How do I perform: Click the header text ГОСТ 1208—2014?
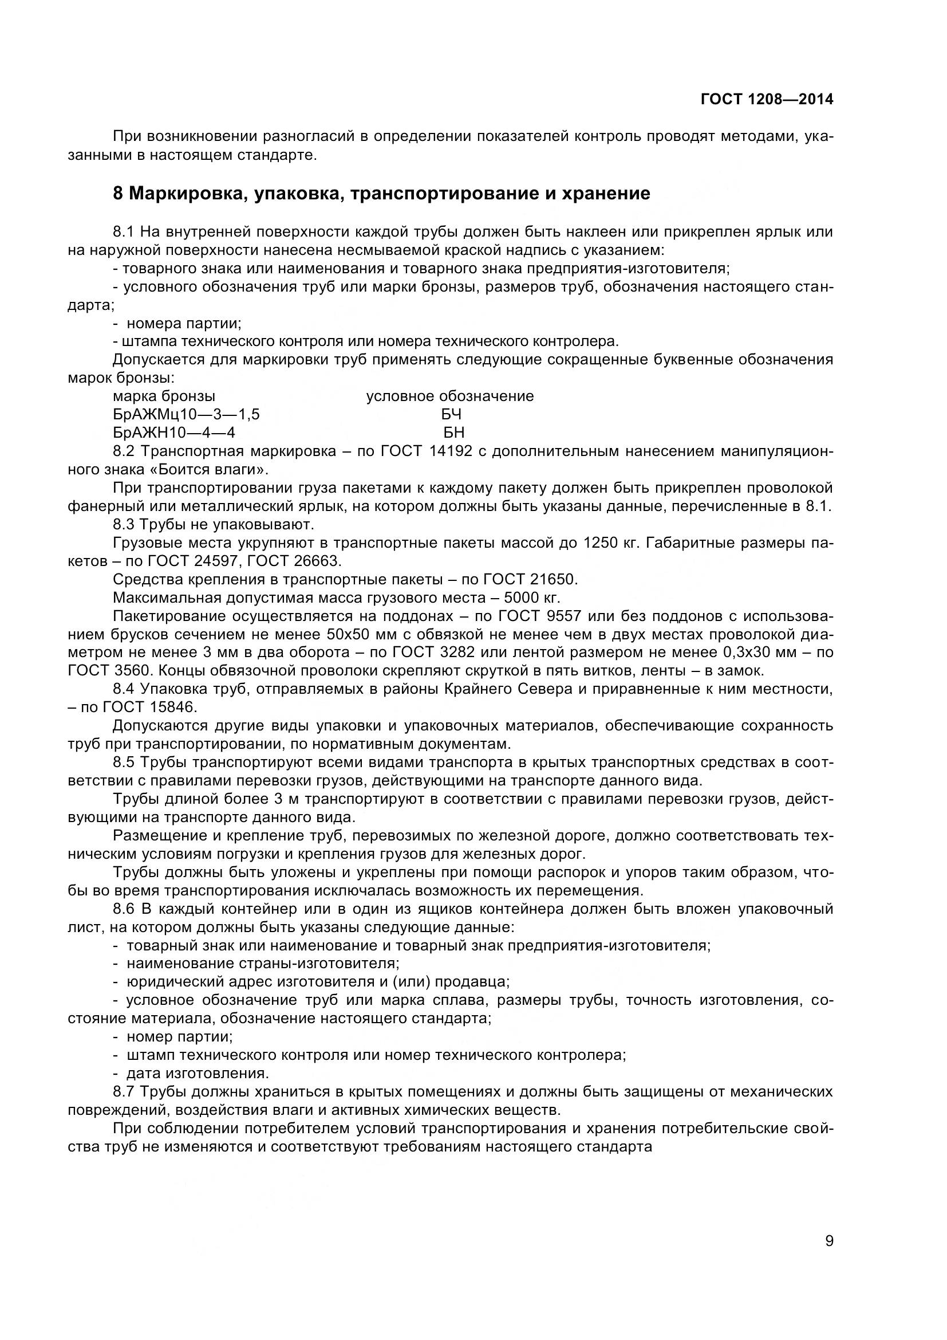[x=766, y=100]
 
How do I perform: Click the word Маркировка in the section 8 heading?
[x=181, y=193]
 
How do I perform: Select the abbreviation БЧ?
[x=451, y=415]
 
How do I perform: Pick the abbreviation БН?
[x=453, y=433]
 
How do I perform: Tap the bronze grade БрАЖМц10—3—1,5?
[x=186, y=415]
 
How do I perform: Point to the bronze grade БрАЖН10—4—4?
[x=174, y=433]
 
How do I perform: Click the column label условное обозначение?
[x=449, y=396]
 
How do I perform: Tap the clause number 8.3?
[x=124, y=524]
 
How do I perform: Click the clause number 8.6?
[x=124, y=909]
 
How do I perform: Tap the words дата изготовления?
[x=198, y=1073]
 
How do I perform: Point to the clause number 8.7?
[x=124, y=1091]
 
